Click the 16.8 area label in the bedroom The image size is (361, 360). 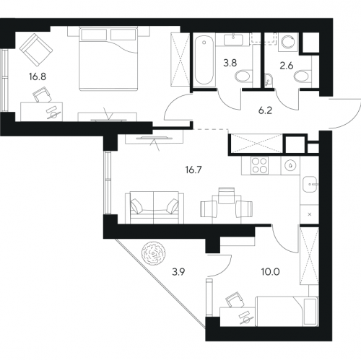pos(38,77)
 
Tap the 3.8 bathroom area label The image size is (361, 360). pos(230,63)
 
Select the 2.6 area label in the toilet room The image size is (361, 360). pos(287,66)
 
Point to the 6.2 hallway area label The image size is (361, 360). pos(265,110)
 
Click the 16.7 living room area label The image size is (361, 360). pos(193,170)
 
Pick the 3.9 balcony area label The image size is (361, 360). pos(178,272)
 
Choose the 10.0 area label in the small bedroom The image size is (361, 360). pos(271,272)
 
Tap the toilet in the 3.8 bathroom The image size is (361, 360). pos(243,76)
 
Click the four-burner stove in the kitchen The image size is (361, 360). pos(259,165)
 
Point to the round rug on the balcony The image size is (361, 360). pos(154,253)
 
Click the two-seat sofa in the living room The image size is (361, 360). pos(155,208)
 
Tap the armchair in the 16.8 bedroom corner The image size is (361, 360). pos(36,50)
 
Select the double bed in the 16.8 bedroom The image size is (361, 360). pos(108,59)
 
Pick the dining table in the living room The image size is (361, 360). pos(226,209)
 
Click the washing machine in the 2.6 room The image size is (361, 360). pos(288,42)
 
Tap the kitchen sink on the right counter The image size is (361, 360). pos(310,184)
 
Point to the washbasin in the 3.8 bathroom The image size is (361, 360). pos(233,39)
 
